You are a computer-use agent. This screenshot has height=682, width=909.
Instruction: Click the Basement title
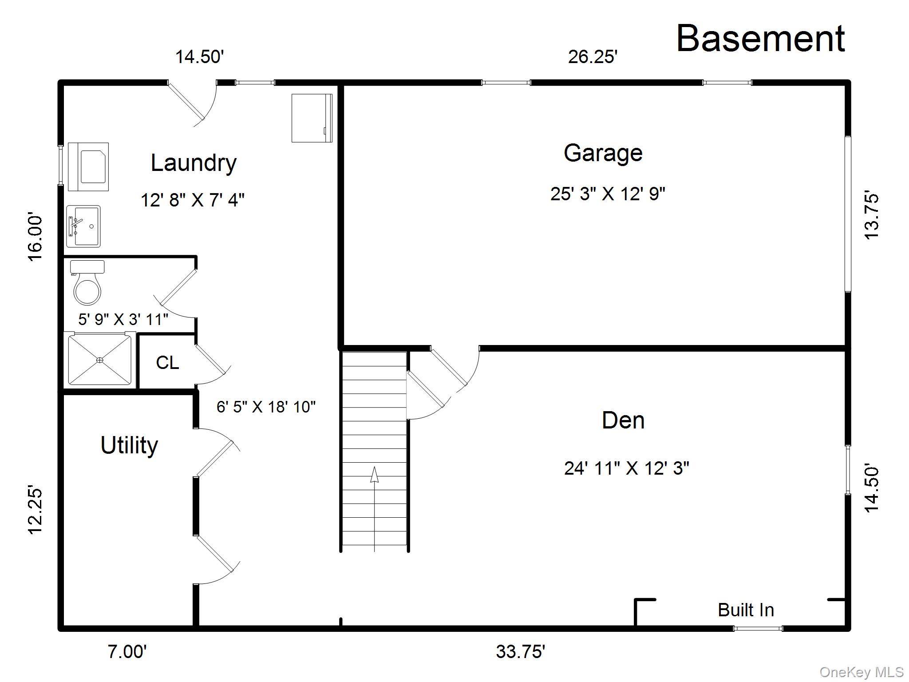coord(760,39)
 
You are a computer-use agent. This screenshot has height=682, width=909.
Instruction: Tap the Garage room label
coord(603,153)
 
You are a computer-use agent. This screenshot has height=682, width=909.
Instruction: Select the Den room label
coord(623,420)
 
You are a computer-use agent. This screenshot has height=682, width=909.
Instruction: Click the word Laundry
coord(194,163)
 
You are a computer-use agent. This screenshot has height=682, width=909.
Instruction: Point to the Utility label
coord(129,445)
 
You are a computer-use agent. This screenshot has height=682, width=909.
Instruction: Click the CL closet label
coord(167,363)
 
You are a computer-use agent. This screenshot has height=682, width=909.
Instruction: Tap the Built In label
coord(746,610)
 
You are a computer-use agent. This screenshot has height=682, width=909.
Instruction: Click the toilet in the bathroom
coord(87,282)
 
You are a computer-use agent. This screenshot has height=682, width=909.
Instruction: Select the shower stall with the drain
coord(100,360)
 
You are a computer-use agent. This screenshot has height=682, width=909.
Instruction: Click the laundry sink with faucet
coord(83,226)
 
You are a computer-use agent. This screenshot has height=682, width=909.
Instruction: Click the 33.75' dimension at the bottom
coord(520,652)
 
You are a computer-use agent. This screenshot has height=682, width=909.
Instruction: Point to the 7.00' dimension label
coord(127,652)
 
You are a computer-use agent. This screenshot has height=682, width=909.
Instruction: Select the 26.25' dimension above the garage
coord(593,57)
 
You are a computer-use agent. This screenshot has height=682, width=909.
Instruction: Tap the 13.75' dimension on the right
coord(872,216)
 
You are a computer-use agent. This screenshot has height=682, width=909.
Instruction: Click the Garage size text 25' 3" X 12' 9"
coord(608,194)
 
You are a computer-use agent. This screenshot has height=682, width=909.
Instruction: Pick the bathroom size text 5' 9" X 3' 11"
coord(123,319)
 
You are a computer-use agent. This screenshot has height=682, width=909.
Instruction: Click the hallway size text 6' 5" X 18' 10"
coord(266,407)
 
